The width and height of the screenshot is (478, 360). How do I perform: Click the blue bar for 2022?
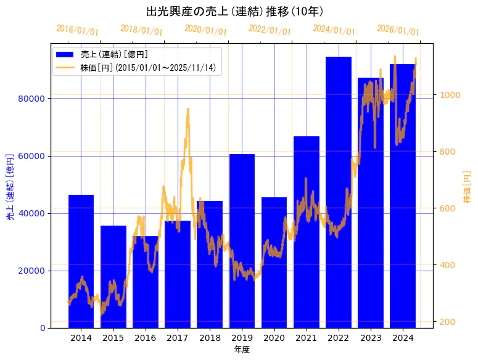pos(339,192)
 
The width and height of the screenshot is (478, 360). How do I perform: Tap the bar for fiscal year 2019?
pos(242,240)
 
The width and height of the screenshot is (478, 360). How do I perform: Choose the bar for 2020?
pos(274,262)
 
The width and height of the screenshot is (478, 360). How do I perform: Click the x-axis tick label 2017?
pos(178,338)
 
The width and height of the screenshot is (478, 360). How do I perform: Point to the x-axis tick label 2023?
pos(371,338)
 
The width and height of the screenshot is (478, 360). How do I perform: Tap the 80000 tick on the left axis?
pos(32,99)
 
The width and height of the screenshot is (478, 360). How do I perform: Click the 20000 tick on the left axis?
pos(32,271)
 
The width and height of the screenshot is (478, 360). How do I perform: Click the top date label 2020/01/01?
pos(205,30)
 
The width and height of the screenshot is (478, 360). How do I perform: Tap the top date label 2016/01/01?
pos(77,30)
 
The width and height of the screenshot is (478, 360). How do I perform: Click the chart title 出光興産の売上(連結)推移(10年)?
pos(235,12)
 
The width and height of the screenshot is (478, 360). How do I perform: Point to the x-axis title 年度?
pos(242,350)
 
